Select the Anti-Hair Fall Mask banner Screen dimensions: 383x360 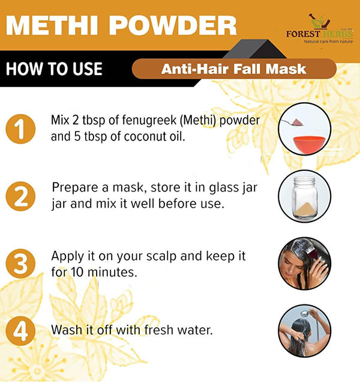[x=233, y=68]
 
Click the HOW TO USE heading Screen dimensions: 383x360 [x=54, y=68]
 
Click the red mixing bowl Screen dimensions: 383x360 [x=305, y=144]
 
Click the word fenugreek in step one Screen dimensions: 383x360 [x=146, y=121]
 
